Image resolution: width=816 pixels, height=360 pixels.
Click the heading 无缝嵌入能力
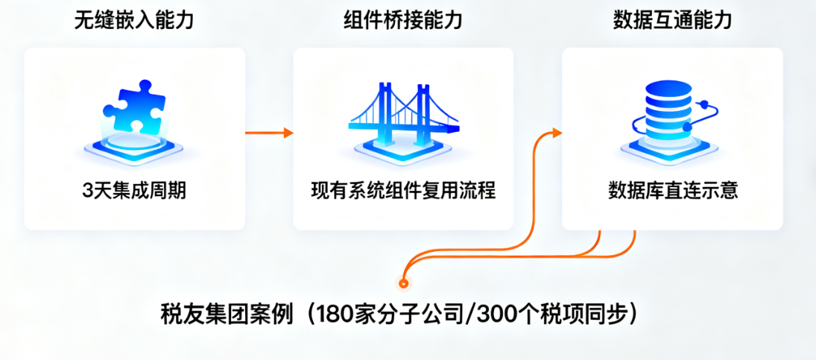click(x=134, y=20)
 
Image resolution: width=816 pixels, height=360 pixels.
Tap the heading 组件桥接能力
click(x=403, y=20)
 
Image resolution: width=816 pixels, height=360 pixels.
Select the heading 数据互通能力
click(x=672, y=20)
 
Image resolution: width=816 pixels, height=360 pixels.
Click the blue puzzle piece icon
click(x=133, y=110)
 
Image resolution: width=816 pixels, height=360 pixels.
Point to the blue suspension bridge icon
click(x=402, y=116)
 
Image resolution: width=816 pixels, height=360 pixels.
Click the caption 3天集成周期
click(x=134, y=191)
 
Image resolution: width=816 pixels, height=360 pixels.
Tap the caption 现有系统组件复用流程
click(x=403, y=191)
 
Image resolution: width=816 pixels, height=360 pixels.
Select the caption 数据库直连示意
click(x=673, y=191)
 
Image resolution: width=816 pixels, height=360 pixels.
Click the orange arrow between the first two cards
click(x=268, y=133)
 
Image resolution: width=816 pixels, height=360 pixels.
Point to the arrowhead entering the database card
click(x=556, y=133)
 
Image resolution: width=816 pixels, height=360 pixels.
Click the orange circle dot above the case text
click(x=404, y=283)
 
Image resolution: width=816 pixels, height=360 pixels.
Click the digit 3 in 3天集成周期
click(x=87, y=192)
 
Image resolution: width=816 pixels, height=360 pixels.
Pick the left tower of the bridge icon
click(x=385, y=104)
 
